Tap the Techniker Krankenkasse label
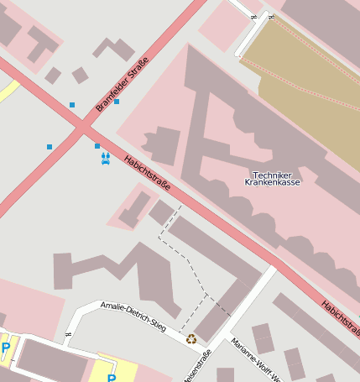coord(271,179)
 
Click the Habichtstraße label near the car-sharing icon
coord(149,172)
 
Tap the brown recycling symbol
coord(191,339)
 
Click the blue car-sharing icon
coord(106,159)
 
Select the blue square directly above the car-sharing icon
coord(97,146)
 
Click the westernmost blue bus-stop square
coord(50,147)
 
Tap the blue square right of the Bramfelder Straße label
coord(117,102)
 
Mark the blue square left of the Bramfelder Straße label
coord(72,105)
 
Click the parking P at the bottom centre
coord(111,378)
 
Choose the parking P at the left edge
coord(6,348)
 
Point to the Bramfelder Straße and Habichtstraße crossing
coord(82,128)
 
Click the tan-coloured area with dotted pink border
coord(310,101)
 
